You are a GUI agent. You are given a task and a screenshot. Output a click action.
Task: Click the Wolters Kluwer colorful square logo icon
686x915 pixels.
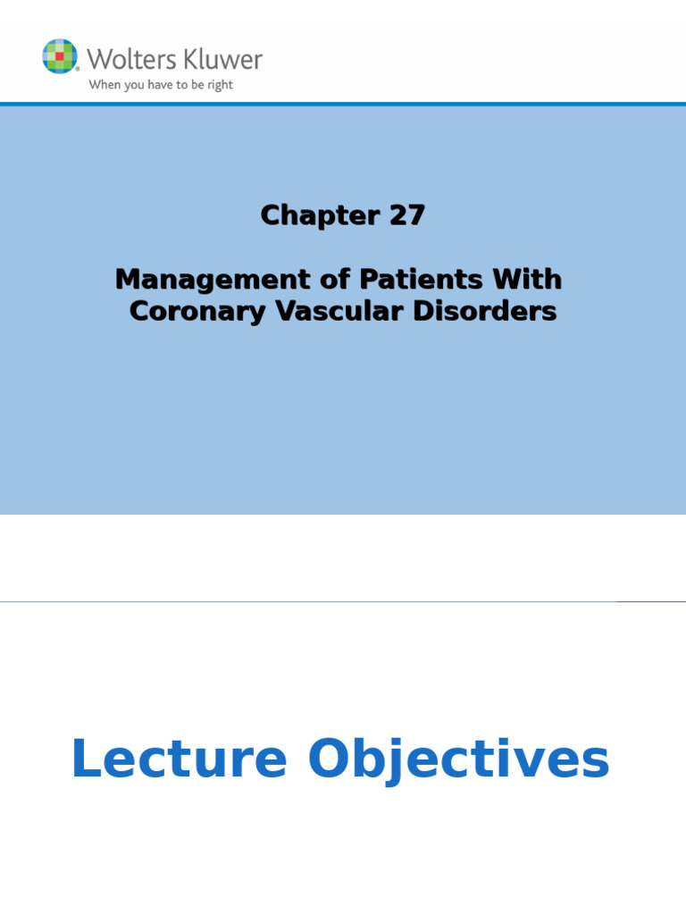[60, 56]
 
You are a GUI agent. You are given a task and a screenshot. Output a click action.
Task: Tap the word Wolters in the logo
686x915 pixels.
[122, 60]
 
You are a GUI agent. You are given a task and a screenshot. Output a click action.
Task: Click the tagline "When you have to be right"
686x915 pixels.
[160, 86]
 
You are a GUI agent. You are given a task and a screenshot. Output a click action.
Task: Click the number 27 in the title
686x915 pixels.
[406, 215]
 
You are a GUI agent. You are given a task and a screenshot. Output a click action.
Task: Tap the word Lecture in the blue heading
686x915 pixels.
[179, 760]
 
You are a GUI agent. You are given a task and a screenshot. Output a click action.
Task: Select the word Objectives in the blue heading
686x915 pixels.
[458, 760]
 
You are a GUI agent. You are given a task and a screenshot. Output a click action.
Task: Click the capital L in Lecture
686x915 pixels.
[84, 760]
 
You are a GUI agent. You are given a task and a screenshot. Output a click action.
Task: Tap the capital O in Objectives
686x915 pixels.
[330, 760]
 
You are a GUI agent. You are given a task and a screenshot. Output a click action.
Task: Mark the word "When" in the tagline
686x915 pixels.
[102, 86]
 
